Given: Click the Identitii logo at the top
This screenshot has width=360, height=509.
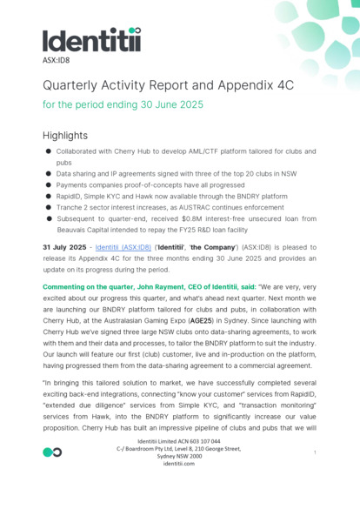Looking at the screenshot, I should tap(91, 40).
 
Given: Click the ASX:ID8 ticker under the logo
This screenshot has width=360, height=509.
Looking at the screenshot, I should tap(57, 61).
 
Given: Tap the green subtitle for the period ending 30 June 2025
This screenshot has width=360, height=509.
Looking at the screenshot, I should tap(123, 104).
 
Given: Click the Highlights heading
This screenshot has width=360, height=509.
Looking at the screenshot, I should tap(65, 135).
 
